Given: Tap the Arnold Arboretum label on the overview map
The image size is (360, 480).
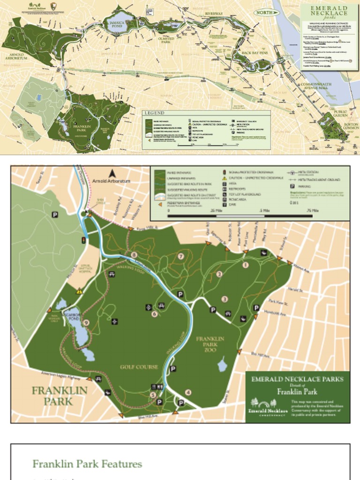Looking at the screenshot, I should tap(16, 57).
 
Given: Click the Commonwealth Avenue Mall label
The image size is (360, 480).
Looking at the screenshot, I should tap(317, 86).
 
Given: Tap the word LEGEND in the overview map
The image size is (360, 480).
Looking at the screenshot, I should tap(154, 113).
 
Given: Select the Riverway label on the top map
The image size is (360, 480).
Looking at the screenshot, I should tap(214, 14).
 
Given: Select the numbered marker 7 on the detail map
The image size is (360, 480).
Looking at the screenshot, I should tap(180, 256).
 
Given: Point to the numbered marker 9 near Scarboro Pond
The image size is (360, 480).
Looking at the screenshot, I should tap(86, 322).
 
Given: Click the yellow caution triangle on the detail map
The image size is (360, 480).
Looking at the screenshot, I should tap(79, 291).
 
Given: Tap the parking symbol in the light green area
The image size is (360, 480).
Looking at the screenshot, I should tap(55, 215).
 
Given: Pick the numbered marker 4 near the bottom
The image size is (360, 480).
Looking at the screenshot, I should tap(188, 392).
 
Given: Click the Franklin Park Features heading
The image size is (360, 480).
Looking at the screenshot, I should tap(87, 464).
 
